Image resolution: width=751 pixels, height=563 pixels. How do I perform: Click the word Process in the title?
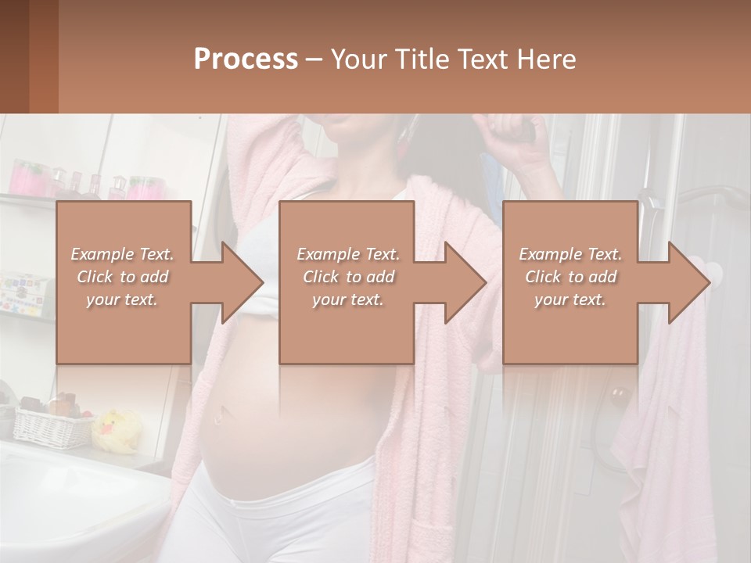point(246,59)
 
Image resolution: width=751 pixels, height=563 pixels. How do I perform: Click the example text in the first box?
point(122,276)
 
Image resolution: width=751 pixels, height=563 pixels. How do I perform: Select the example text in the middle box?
point(347,276)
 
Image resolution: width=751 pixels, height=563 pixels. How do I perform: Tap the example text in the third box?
point(570,276)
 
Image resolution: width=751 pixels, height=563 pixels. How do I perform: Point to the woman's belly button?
point(223,411)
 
